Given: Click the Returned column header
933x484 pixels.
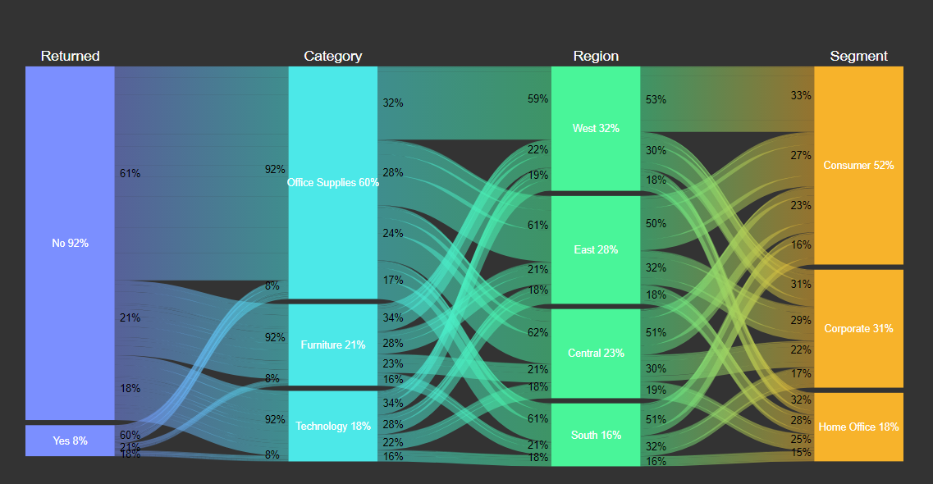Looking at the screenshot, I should [70, 56].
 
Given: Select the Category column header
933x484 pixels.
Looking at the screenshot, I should [332, 56].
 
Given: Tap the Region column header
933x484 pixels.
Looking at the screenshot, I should [596, 56].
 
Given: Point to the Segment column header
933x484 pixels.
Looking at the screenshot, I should [858, 56].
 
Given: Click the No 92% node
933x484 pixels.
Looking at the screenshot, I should [70, 243].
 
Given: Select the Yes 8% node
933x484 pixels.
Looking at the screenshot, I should [70, 441].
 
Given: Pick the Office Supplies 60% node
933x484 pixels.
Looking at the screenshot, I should [332, 182].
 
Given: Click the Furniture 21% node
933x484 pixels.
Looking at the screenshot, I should [332, 345].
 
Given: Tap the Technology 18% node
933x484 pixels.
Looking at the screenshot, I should [332, 426].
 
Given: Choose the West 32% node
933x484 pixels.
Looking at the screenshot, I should [596, 128].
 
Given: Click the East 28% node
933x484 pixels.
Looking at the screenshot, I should [596, 249].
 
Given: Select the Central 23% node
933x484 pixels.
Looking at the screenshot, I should [596, 353].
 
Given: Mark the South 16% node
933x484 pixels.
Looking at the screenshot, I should [596, 435].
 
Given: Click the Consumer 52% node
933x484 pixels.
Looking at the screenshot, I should [858, 165].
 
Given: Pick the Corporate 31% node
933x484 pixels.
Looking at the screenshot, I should [858, 328].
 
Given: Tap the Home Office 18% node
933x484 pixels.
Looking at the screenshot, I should [858, 427].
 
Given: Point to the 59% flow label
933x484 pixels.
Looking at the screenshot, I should [537, 99].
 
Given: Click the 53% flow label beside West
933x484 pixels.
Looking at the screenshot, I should [656, 100].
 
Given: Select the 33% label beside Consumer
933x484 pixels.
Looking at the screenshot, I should [801, 96].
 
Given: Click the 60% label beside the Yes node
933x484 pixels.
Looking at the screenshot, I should [130, 435].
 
